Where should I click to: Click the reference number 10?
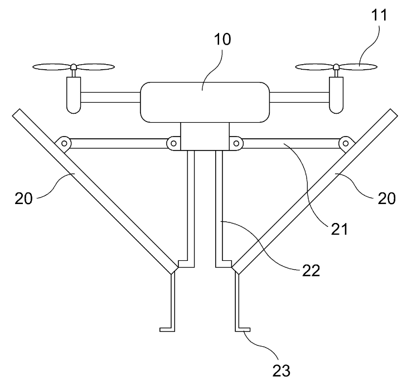222,40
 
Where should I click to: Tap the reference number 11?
380,15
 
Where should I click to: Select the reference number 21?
339,229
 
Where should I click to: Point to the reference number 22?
311,270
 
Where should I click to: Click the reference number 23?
281,370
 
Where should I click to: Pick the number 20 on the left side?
23,198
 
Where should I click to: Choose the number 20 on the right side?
386,198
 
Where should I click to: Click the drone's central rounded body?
205,102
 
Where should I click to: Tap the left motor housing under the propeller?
74,95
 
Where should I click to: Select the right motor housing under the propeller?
336,95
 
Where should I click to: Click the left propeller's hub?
74,67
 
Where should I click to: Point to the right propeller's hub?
336,67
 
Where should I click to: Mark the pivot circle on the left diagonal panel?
64,143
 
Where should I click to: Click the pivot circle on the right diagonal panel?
346,143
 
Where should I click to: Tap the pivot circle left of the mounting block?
173,143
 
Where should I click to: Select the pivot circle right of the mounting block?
236,143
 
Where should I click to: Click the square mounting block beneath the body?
205,136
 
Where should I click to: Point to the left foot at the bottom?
167,329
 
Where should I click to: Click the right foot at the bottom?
243,329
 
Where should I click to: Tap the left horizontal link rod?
119,143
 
